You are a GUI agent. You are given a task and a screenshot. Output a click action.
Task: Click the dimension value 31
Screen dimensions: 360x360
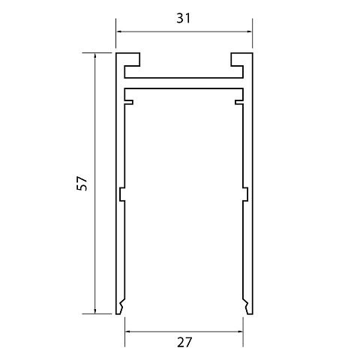[x=184, y=18]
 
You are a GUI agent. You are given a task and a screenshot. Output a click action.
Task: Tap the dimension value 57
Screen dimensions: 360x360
[x=82, y=184]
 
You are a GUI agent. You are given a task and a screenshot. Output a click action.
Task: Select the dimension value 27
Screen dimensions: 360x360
[x=184, y=342]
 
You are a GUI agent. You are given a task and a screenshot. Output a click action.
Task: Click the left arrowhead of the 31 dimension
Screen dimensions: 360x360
[x=119, y=31]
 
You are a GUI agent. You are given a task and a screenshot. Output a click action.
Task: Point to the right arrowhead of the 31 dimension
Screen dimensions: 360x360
[x=249, y=31]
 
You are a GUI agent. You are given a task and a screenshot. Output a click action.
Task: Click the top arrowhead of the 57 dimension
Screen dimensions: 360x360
[x=94, y=56]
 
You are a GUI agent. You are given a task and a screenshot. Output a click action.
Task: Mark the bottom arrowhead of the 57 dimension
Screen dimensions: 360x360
[x=94, y=310]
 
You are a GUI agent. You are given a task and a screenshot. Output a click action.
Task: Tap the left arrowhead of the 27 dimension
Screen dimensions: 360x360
[x=128, y=331]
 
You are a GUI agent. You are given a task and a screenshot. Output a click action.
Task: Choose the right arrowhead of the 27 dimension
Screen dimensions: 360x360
[x=240, y=331]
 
